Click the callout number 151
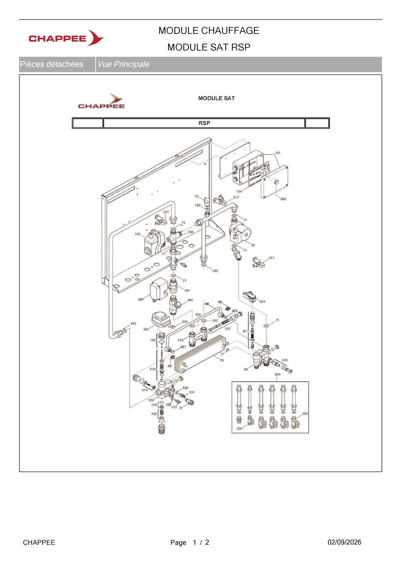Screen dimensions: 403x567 [278, 153]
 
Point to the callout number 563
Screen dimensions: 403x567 [283, 199]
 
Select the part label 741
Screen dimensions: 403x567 [137, 234]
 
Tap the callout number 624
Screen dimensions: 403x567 [262, 301]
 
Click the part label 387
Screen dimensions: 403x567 [141, 299]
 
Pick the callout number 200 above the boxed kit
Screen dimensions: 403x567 [277, 374]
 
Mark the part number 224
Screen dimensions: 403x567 [305, 414]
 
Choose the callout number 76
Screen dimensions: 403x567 [222, 360]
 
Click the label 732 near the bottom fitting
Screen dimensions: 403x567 [154, 414]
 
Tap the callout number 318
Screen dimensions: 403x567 [285, 360]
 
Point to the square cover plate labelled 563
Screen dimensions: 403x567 [274, 182]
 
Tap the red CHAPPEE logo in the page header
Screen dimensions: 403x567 [66, 38]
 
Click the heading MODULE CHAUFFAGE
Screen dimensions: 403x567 [209, 31]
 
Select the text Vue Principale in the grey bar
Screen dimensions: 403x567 [123, 64]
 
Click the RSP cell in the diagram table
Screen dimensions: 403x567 [204, 123]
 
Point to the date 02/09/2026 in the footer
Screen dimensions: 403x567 [344, 542]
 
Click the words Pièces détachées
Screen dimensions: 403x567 [52, 64]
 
